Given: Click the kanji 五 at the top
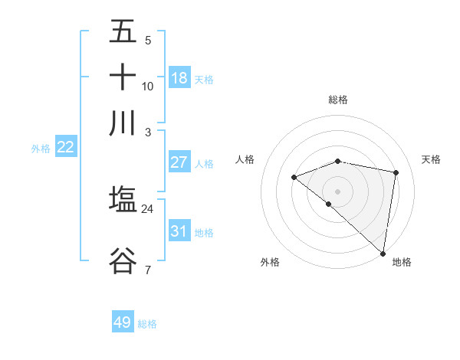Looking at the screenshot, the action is (123, 31).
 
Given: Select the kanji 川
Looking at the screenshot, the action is (123, 123).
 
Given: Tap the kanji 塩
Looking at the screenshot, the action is (123, 199).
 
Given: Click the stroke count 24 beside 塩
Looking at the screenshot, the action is (147, 208).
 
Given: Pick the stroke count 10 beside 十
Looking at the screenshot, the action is (147, 87).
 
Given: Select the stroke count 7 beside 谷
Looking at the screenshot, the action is (147, 270).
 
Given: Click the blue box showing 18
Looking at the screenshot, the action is (179, 77).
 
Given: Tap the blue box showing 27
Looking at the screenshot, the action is (179, 162).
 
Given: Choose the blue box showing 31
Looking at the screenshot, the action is (179, 231).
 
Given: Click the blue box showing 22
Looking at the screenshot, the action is (65, 147).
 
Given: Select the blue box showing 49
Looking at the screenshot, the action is (123, 322).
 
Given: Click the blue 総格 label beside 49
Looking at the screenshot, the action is (147, 324).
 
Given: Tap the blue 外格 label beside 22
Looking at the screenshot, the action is (41, 149).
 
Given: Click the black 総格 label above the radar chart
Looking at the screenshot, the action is (337, 100).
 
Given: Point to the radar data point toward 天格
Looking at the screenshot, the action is (396, 172).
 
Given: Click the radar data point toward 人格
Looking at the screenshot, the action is (294, 178).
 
